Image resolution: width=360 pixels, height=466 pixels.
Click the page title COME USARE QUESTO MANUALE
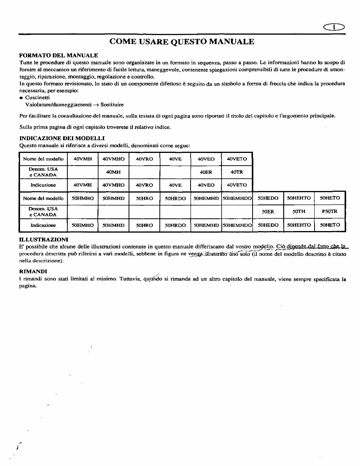(x=182, y=42)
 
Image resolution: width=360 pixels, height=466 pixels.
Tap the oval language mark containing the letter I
(x=334, y=27)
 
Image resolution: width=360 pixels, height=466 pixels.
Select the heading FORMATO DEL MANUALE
(x=59, y=55)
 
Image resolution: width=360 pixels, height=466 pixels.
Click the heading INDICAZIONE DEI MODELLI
(x=62, y=138)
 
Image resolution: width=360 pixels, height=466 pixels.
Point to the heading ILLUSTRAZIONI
(x=44, y=240)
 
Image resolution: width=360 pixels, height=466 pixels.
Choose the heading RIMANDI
(x=33, y=271)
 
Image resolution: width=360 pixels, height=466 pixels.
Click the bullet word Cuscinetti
(x=37, y=98)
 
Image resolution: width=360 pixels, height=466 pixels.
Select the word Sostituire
(x=112, y=105)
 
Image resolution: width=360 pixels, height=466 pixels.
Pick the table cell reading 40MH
(x=113, y=172)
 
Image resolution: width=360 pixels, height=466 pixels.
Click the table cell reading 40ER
(x=206, y=172)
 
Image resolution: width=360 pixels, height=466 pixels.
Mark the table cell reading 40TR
(x=237, y=172)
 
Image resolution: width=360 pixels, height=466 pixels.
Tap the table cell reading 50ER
(x=268, y=211)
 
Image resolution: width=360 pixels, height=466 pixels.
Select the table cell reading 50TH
(x=299, y=211)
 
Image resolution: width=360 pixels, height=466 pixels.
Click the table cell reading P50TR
(x=330, y=211)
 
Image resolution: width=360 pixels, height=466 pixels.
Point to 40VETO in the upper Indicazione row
(x=237, y=185)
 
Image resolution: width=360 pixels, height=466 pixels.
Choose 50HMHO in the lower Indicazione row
(x=83, y=225)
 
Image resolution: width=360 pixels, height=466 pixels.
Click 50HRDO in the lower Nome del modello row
(x=175, y=198)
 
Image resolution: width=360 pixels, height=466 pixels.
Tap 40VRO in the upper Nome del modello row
(x=144, y=159)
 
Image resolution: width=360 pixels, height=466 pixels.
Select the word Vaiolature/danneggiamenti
(x=59, y=105)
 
